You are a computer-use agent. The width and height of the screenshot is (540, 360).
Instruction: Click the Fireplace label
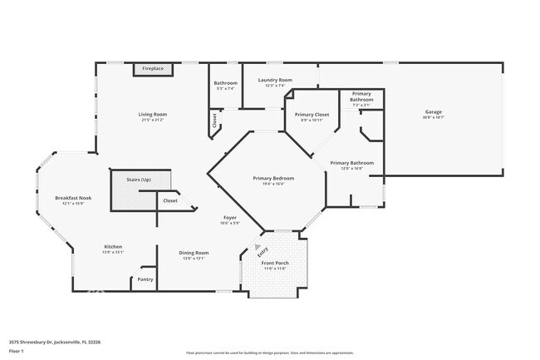(x=152, y=68)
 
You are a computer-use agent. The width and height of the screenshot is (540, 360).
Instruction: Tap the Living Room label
(x=152, y=114)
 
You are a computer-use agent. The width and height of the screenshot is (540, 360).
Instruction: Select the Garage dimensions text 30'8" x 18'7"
(x=433, y=117)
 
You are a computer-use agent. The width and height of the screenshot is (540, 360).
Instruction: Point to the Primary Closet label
(x=312, y=114)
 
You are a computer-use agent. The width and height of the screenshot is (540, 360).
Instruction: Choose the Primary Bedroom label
(x=273, y=178)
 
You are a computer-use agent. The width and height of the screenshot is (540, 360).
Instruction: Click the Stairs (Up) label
(x=138, y=179)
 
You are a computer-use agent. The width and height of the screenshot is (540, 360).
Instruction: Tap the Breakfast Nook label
(x=73, y=198)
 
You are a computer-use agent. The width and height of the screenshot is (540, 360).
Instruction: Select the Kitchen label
(x=113, y=246)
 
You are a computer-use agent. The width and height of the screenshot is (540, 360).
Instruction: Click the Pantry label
(x=145, y=279)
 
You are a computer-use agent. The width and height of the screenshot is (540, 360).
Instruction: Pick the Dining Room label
(x=194, y=253)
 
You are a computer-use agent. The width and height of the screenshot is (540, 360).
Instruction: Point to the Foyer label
(x=230, y=218)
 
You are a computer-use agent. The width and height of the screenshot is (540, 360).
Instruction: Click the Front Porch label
(x=275, y=263)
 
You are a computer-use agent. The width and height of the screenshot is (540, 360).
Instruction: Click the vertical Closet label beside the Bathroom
(x=214, y=120)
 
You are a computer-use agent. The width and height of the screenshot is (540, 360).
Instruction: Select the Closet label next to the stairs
(x=169, y=200)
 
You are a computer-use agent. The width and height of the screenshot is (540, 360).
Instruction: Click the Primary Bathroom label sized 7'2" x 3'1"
(x=361, y=96)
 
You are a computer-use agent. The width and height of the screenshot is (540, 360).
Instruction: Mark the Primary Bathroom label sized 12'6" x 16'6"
(x=351, y=163)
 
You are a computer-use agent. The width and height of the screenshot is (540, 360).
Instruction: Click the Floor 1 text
(x=17, y=352)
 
